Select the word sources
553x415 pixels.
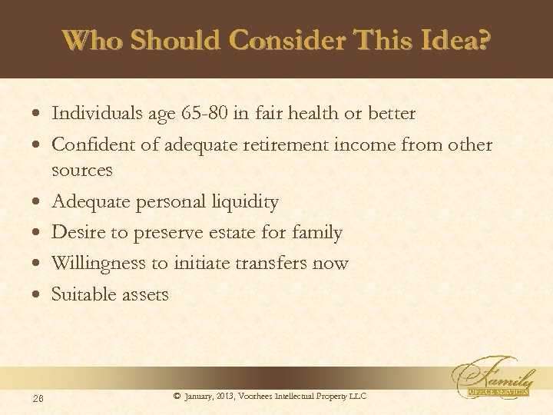[82, 169]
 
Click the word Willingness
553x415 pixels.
[98, 264]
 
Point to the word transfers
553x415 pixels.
[263, 264]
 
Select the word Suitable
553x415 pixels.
[81, 294]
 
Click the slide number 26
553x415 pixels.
[38, 397]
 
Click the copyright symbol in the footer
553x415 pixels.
[177, 396]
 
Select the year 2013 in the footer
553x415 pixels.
[226, 396]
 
